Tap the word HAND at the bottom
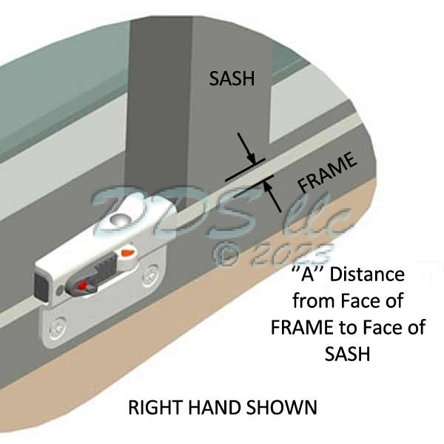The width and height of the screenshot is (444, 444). pyautogui.click(x=226, y=408)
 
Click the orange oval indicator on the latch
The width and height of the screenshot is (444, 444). pyautogui.click(x=127, y=254)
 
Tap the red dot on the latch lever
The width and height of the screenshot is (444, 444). pyautogui.click(x=80, y=285)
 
